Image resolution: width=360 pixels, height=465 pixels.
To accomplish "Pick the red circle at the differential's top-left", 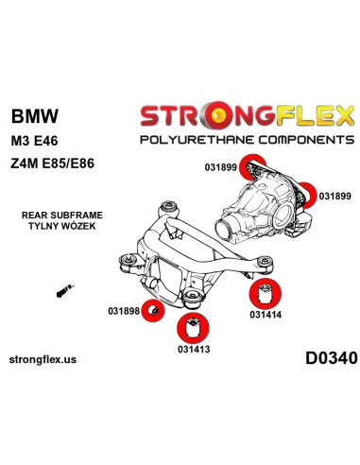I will [x=253, y=166].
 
